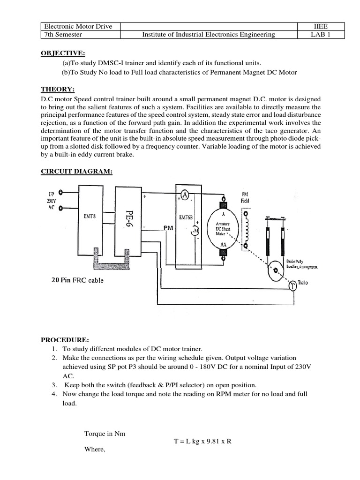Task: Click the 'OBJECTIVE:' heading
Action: pos(60,53)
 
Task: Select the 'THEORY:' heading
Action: pos(54,90)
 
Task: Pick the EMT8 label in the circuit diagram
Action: pos(91,216)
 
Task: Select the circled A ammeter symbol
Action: pos(185,195)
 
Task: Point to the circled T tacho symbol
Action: pos(292,285)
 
